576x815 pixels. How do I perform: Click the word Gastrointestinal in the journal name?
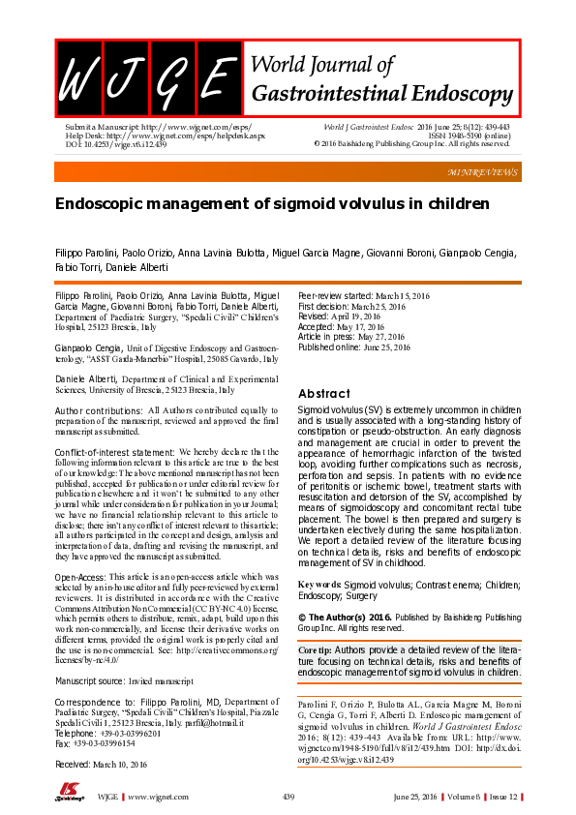[x=325, y=94]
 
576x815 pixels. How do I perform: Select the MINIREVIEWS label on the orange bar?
[x=483, y=171]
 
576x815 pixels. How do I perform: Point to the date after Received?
[x=125, y=764]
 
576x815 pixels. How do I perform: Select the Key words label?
[x=320, y=586]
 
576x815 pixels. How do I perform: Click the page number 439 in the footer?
[x=288, y=797]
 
